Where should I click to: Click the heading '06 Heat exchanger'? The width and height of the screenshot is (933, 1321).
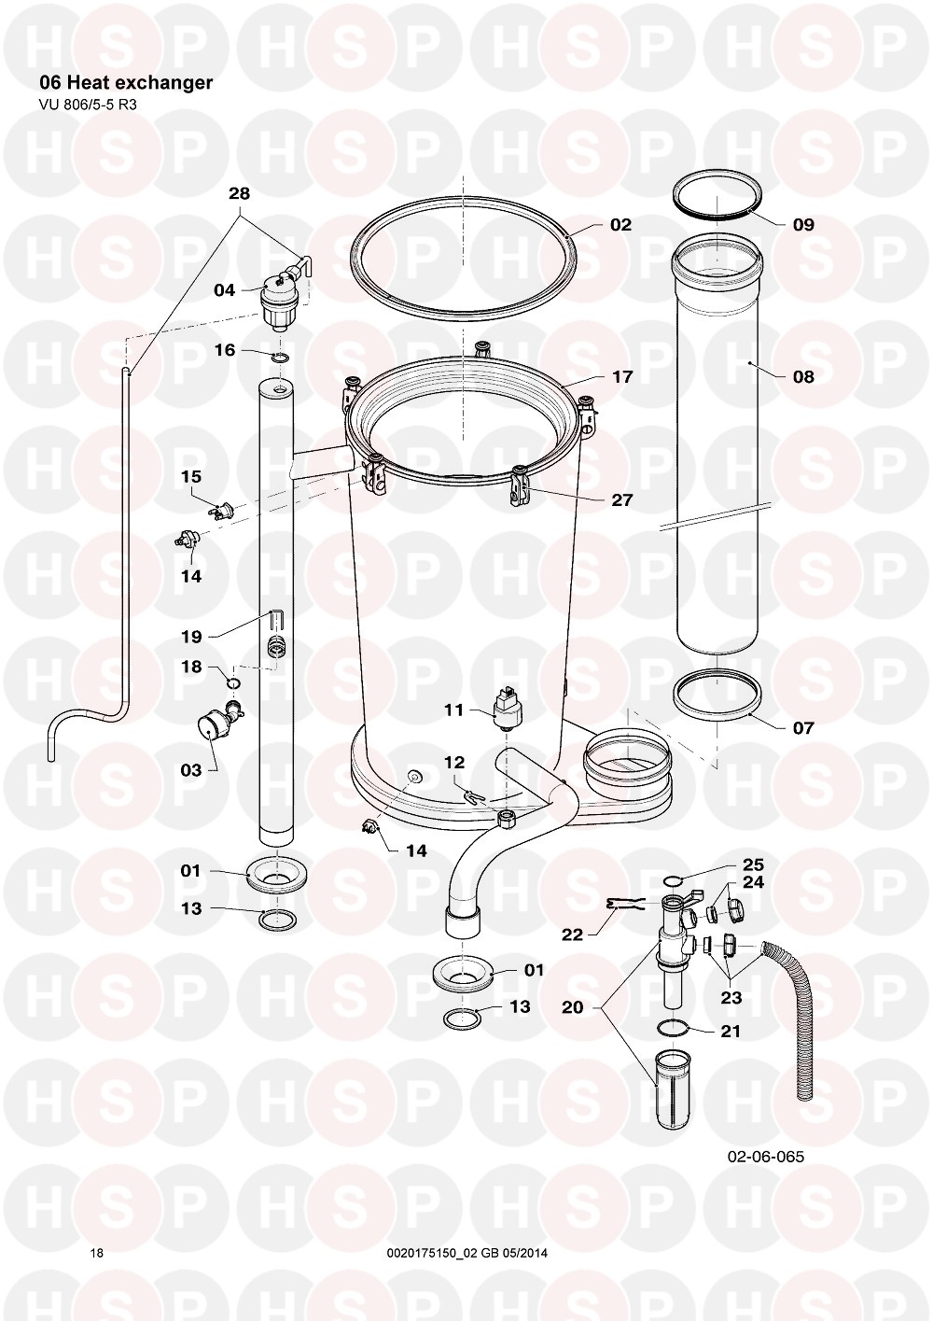(126, 82)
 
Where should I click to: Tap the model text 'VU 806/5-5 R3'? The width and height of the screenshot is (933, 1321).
(88, 105)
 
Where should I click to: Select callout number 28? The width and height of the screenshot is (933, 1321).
(239, 193)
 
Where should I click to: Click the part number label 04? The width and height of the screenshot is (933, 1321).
(224, 290)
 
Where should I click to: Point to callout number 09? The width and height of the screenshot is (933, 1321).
(803, 225)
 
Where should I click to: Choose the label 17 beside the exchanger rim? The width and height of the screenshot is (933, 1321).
(622, 376)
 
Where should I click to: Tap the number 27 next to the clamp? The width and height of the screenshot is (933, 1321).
(621, 500)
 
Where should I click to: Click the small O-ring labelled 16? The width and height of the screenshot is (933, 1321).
(282, 358)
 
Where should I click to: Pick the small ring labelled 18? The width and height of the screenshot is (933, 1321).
(234, 683)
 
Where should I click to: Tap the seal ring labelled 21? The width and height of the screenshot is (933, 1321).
(672, 1028)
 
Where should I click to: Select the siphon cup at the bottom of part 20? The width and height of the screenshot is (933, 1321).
(672, 1088)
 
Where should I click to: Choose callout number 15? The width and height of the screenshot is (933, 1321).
(191, 476)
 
